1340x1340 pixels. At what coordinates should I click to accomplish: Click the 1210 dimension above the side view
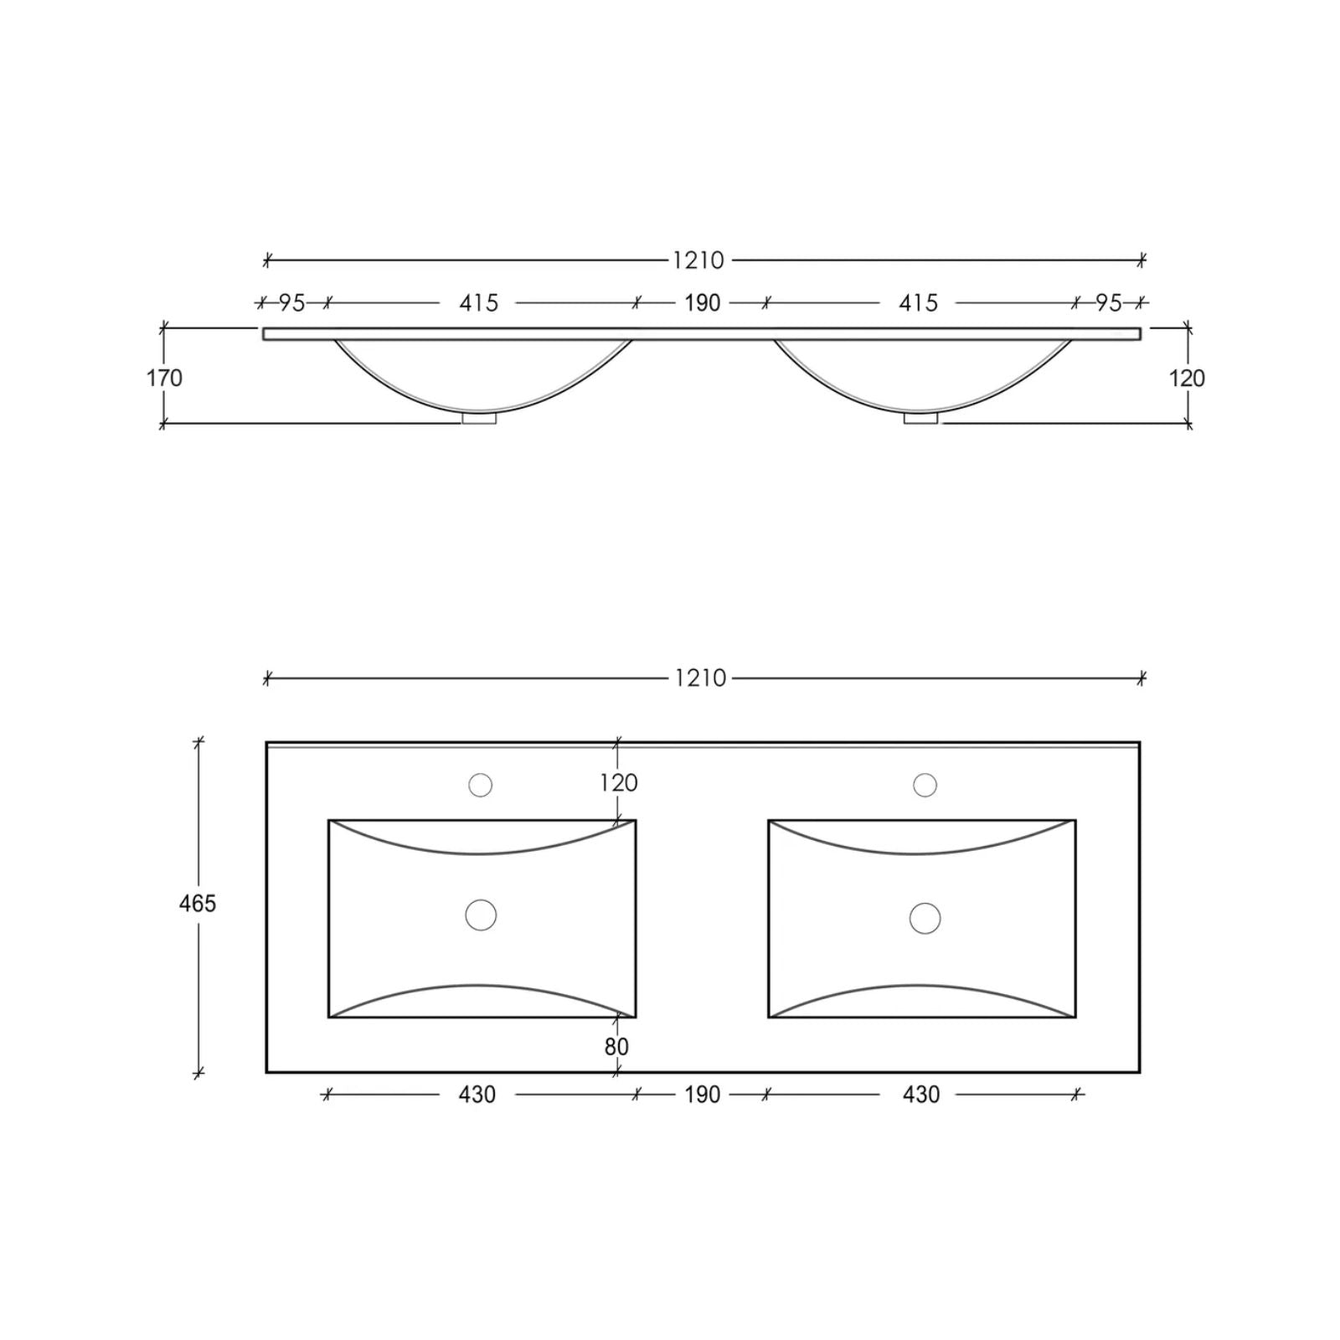click(698, 260)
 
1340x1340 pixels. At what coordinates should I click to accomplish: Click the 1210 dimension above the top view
click(700, 678)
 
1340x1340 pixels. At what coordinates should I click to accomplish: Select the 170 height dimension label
click(164, 379)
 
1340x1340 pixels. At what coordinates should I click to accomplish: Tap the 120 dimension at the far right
click(1187, 379)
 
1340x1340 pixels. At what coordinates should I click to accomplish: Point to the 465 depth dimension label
click(198, 904)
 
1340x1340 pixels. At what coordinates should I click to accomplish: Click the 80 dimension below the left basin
click(616, 1047)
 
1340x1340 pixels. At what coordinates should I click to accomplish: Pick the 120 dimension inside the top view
click(619, 783)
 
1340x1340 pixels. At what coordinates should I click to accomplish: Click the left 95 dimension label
click(291, 303)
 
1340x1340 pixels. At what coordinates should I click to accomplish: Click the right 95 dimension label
click(1109, 303)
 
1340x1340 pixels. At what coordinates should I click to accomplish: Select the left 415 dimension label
click(478, 303)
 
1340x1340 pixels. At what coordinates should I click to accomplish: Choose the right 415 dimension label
click(918, 303)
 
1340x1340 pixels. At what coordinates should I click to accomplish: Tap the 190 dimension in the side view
click(702, 303)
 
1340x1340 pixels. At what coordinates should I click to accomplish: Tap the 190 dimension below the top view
click(702, 1095)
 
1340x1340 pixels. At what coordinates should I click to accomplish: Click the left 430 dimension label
click(477, 1095)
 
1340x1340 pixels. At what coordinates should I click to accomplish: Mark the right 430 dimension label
click(921, 1095)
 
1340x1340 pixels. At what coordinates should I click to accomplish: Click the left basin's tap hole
click(481, 786)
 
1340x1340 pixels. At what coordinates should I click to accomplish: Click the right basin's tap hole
click(925, 786)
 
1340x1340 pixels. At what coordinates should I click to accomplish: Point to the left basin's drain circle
click(481, 915)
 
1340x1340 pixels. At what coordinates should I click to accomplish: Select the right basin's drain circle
click(925, 918)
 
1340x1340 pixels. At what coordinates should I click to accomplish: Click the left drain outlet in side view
click(479, 418)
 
